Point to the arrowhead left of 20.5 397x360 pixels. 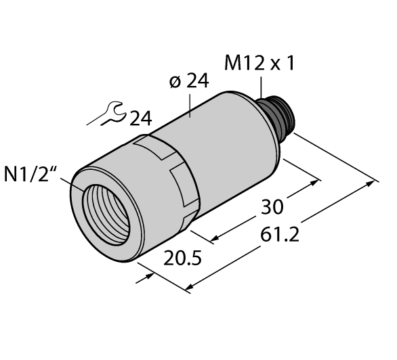(x=144, y=277)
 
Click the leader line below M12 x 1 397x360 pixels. (x=261, y=87)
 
